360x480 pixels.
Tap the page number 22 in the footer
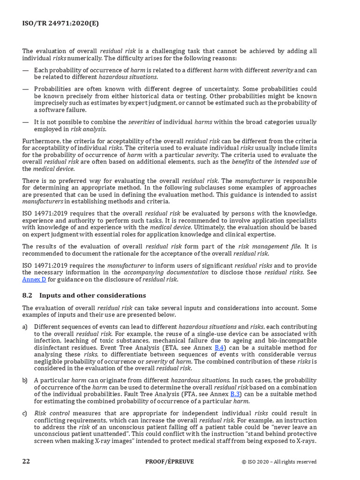(x=26, y=461)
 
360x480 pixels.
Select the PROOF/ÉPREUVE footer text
(x=169, y=461)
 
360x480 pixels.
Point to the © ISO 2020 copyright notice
(x=279, y=462)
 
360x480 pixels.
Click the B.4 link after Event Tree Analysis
(x=219, y=347)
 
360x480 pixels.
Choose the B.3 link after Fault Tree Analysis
(x=236, y=394)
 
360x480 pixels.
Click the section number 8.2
(x=27, y=295)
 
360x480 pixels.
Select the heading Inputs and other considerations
(x=92, y=295)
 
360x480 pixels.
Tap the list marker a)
(x=25, y=326)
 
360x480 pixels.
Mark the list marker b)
(x=25, y=380)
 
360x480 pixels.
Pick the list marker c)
(x=25, y=413)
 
